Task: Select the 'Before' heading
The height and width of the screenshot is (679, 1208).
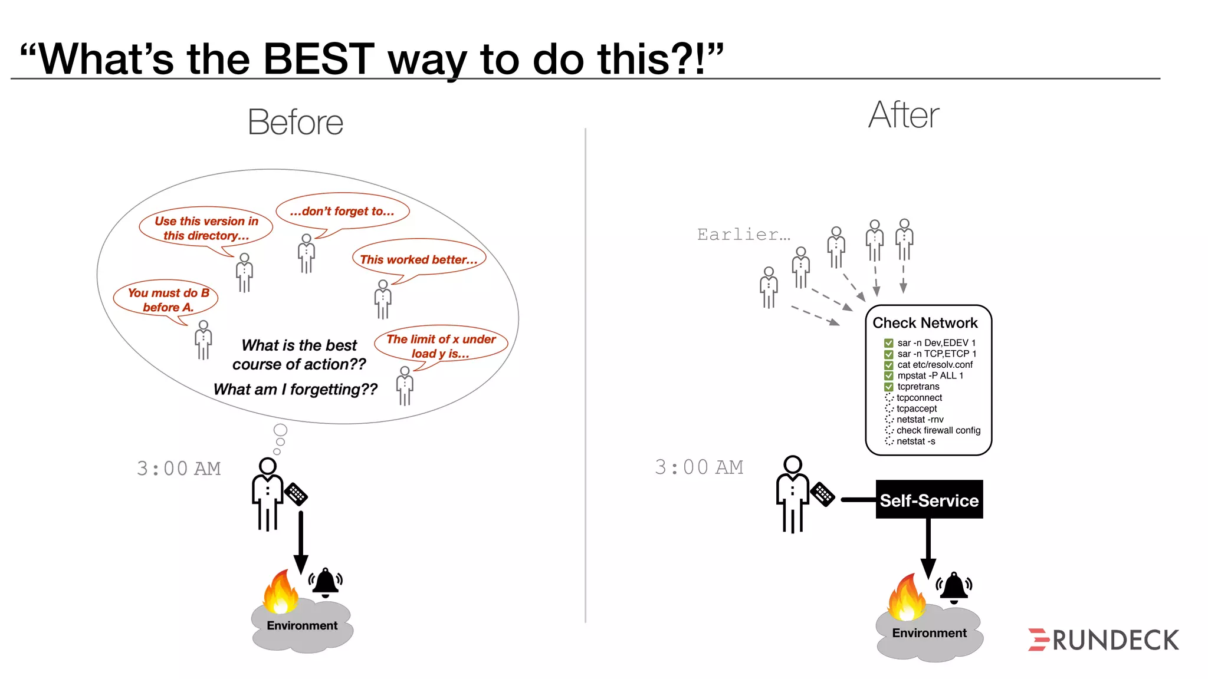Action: [x=296, y=123]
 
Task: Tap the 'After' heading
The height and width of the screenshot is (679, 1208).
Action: [x=903, y=115]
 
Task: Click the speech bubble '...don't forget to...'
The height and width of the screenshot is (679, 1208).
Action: [x=342, y=212]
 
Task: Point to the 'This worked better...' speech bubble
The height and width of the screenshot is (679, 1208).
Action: [x=419, y=259]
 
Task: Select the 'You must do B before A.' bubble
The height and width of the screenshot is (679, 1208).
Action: [x=168, y=299]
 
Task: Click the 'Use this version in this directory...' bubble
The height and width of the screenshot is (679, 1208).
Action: [x=206, y=228]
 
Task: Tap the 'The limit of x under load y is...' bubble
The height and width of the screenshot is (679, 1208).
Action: [x=441, y=346]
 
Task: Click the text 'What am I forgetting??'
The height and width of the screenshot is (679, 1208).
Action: [x=296, y=390]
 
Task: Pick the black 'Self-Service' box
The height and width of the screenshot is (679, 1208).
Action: [x=929, y=500]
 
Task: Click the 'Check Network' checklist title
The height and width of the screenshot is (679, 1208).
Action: [x=925, y=323]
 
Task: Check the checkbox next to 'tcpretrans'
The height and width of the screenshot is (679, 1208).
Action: [x=888, y=387]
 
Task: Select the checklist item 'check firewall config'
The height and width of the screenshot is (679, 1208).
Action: [x=938, y=430]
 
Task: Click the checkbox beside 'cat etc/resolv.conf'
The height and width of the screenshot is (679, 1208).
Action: [x=888, y=365]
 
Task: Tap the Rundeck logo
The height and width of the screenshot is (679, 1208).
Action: [x=1103, y=640]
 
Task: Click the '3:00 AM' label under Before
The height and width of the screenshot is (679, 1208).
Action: [x=179, y=469]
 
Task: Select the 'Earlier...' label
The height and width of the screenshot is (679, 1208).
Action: [x=743, y=235]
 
